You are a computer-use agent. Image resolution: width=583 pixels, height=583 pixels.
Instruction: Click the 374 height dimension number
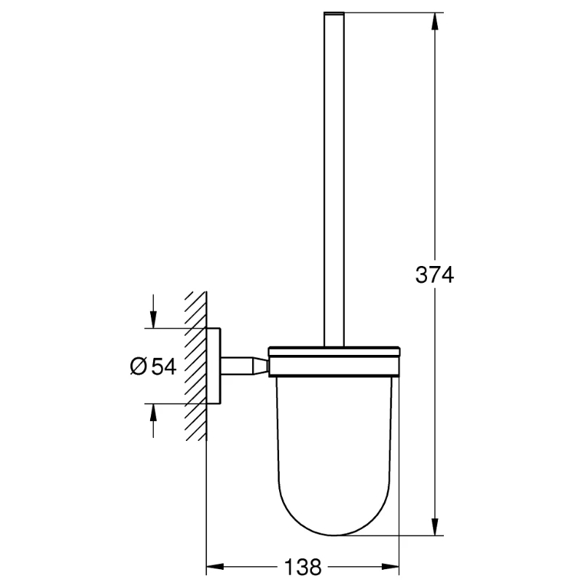[x=434, y=275]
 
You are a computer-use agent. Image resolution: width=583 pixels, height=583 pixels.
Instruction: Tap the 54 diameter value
[x=165, y=367]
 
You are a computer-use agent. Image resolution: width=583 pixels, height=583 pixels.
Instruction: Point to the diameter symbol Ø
[x=140, y=367]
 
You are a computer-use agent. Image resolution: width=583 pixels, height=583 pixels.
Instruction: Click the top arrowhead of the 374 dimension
[x=435, y=22]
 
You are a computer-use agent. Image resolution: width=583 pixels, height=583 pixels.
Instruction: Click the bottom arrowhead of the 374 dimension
[x=435, y=529]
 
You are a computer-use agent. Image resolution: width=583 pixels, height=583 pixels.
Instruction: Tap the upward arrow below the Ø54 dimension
[x=153, y=412]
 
